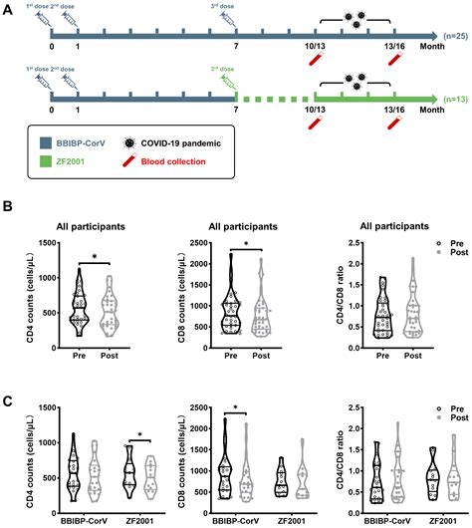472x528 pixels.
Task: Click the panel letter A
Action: tap(8, 8)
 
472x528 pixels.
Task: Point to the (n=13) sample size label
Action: tap(453, 101)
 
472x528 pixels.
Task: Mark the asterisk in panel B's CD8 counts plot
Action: tap(249, 243)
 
